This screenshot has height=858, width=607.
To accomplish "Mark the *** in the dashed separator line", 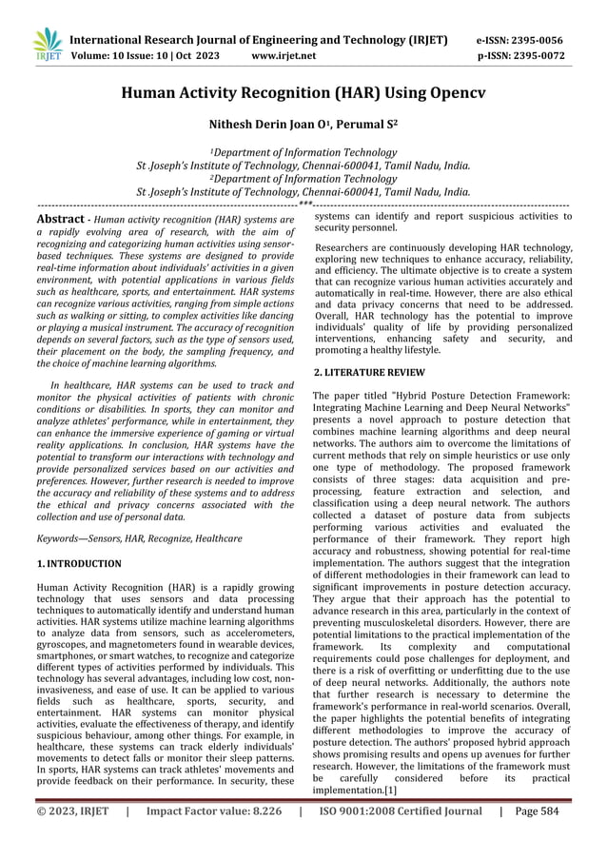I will coord(304,204).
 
